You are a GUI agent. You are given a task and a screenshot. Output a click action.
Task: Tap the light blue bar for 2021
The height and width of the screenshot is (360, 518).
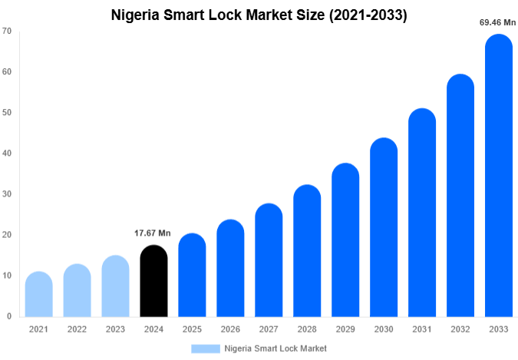point(38,295)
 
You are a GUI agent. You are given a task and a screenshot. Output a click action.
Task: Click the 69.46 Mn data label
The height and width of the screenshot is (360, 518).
point(497,23)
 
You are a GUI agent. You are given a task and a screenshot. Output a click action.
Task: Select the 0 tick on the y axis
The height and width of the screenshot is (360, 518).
point(9,316)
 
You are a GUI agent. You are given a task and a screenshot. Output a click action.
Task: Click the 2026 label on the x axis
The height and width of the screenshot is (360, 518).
point(230,329)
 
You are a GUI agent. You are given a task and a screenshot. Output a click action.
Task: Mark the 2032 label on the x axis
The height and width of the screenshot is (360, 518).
point(460,329)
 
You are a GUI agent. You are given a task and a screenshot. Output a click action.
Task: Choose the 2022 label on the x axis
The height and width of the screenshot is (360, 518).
point(77,329)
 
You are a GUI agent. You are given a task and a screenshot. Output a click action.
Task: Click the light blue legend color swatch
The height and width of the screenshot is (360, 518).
point(205,348)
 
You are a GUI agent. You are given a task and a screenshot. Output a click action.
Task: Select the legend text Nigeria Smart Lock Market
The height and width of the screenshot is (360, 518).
point(275,348)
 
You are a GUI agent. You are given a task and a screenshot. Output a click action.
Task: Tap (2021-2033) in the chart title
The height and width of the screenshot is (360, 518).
point(365,15)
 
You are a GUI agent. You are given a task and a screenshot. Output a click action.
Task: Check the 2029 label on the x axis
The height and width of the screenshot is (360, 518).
point(345,329)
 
